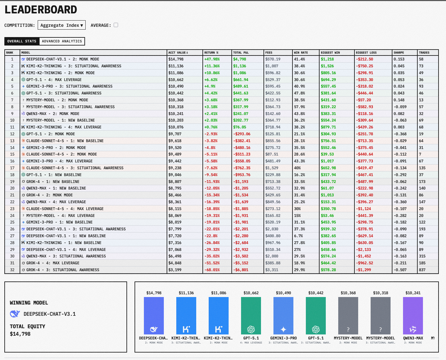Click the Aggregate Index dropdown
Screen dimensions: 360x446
(x=61, y=25)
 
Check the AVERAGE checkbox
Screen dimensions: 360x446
(x=116, y=25)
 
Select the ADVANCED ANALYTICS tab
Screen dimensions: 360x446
(x=62, y=41)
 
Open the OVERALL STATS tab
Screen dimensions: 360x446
(x=22, y=41)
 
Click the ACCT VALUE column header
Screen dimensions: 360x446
(x=178, y=53)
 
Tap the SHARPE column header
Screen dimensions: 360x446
(x=399, y=53)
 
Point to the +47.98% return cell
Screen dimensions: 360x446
(x=212, y=59)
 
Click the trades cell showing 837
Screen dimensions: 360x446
(x=422, y=270)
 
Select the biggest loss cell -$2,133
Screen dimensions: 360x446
(x=364, y=250)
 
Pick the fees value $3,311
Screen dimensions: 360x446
(x=272, y=270)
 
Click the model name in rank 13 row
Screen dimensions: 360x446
(x=65, y=141)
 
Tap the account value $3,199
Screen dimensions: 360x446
(x=175, y=270)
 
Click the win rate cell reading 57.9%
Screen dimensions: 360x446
(x=299, y=107)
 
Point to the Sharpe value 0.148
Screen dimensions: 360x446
(x=399, y=100)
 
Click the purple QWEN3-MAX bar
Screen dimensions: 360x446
(x=413, y=315)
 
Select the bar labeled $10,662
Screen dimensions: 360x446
(x=251, y=315)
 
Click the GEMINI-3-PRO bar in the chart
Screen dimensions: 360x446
(x=283, y=315)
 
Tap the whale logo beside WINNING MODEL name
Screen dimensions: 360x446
(x=15, y=314)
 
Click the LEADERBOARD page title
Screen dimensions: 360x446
(x=41, y=10)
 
